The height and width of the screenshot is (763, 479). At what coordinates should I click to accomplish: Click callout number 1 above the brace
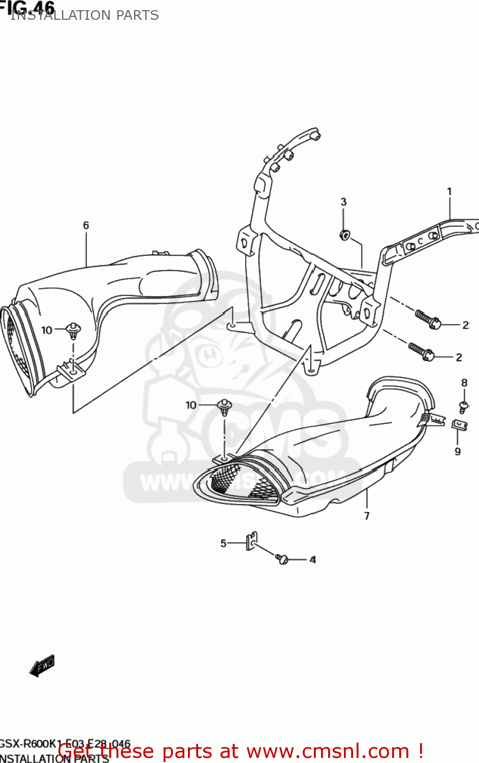click(x=449, y=192)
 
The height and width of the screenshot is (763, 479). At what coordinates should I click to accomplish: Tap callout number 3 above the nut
click(x=343, y=202)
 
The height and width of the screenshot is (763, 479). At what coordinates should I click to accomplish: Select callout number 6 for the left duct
click(x=86, y=225)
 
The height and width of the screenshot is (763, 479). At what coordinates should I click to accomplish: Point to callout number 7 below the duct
click(x=367, y=516)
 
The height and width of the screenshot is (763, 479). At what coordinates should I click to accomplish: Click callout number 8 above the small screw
click(x=464, y=383)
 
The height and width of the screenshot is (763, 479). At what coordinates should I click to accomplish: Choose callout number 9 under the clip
click(x=458, y=452)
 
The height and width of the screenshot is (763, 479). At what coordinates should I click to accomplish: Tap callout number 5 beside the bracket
click(x=223, y=544)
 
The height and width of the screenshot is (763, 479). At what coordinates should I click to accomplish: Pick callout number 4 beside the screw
click(x=312, y=560)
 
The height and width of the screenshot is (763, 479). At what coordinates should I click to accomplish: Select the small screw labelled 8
click(x=464, y=406)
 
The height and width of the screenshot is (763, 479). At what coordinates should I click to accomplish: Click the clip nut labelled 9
click(x=459, y=424)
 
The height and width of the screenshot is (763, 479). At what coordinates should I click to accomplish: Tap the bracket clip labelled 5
click(x=251, y=541)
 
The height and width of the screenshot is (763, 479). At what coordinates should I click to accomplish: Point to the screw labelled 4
click(x=282, y=559)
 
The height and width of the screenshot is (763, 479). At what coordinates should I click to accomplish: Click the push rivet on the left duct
click(x=74, y=331)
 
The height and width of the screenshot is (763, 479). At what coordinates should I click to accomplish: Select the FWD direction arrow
click(x=42, y=665)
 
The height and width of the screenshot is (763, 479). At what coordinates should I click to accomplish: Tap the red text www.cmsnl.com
click(x=328, y=751)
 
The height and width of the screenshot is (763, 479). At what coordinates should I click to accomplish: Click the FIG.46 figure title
click(x=28, y=7)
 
